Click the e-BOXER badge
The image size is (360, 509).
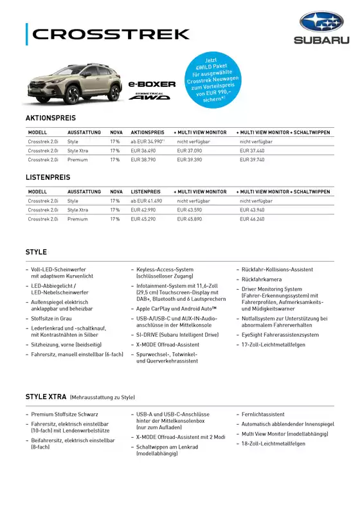(152, 84)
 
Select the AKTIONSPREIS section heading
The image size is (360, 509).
(50, 118)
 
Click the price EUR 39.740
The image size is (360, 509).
(252, 159)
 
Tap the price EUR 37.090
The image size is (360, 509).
(190, 150)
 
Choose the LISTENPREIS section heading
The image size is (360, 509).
(48, 177)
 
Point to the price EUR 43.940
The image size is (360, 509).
(252, 210)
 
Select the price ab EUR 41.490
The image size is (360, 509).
(146, 201)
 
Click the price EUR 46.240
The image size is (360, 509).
(252, 219)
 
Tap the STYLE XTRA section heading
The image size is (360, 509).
(46, 397)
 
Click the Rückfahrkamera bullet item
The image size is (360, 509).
(261, 280)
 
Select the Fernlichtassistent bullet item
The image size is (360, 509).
(263, 415)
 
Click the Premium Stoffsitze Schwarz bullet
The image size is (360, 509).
(64, 415)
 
